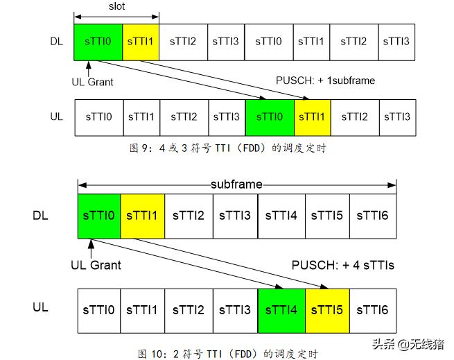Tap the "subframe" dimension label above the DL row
(237, 185)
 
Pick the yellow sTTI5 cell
(327, 309)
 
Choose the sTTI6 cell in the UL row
(372, 309)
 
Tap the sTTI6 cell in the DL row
(372, 216)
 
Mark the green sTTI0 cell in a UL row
(270, 117)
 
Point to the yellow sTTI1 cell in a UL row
(313, 117)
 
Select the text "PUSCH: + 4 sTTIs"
(343, 264)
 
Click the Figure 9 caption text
(228, 147)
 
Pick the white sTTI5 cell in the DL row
(327, 216)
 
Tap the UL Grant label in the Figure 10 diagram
(96, 264)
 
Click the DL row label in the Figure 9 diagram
(56, 42)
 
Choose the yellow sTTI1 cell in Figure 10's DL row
(142, 216)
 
